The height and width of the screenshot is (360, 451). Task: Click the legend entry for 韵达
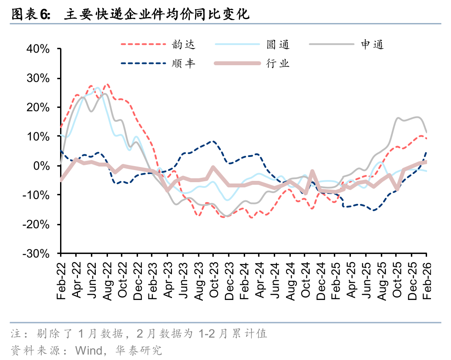click(158, 44)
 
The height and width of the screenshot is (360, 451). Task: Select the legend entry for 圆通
click(252, 44)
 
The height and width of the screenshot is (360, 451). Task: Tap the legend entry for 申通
click(347, 44)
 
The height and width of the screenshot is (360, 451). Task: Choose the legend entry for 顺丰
click(158, 63)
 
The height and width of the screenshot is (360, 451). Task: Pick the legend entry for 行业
click(252, 63)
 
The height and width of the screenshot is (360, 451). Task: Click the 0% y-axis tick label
click(41, 166)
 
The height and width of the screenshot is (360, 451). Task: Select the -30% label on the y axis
click(36, 253)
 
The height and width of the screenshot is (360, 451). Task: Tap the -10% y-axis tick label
click(36, 195)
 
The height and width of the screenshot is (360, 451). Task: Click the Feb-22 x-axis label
click(61, 281)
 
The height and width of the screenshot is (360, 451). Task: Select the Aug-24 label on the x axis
click(290, 281)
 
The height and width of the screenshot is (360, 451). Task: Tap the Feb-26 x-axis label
click(427, 281)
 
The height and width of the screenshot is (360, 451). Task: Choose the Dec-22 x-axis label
click(138, 281)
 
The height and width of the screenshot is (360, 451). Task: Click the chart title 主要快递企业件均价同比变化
click(157, 14)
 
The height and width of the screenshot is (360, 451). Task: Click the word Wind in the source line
click(89, 350)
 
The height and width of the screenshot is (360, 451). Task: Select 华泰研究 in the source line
click(138, 350)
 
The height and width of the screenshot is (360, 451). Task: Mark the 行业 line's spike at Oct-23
click(213, 167)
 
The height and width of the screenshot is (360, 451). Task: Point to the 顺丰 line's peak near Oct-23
click(213, 141)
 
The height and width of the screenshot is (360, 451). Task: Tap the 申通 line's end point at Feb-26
click(426, 132)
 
